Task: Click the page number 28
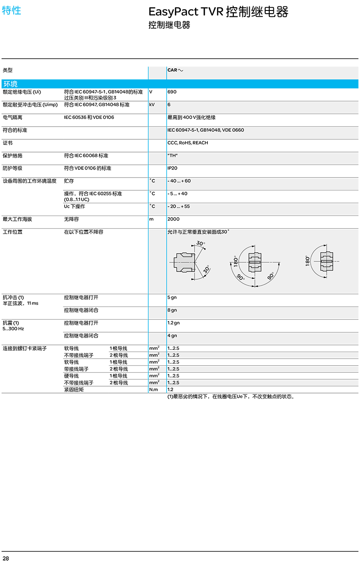point(5,558)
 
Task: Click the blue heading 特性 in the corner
point(11,10)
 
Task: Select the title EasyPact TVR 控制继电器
point(219,12)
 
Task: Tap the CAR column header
point(175,70)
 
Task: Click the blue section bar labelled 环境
point(180,84)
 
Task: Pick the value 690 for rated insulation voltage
point(172,92)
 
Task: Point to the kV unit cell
point(152,105)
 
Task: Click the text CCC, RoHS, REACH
point(187,143)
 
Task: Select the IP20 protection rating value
point(172,169)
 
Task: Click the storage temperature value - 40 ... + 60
point(179,181)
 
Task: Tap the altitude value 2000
point(173,220)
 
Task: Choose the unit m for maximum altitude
point(151,220)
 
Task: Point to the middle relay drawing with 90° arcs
point(255,263)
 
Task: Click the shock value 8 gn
point(172,311)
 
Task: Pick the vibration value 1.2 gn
point(173,323)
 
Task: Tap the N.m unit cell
point(153,390)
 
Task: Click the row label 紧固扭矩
point(74,390)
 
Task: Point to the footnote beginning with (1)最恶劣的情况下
point(231,397)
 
